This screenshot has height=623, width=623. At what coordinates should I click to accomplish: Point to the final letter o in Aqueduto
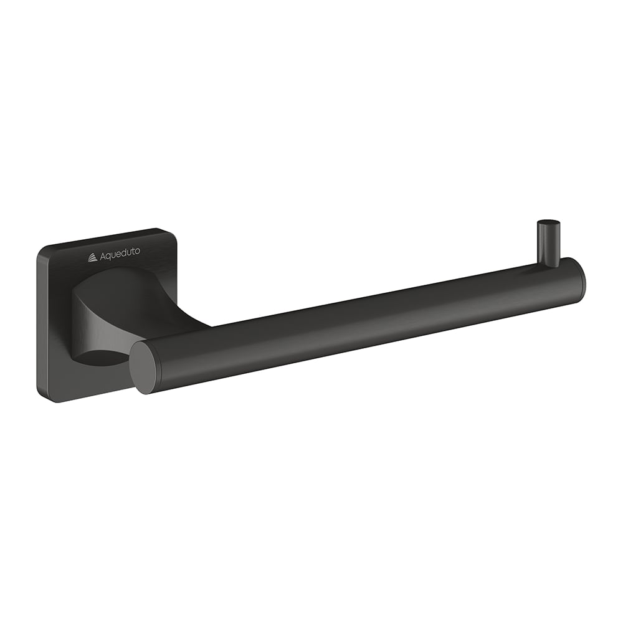tap(138, 251)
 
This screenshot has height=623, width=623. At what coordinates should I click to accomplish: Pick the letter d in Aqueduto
tap(125, 253)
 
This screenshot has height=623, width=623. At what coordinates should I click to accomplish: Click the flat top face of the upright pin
tap(548, 222)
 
